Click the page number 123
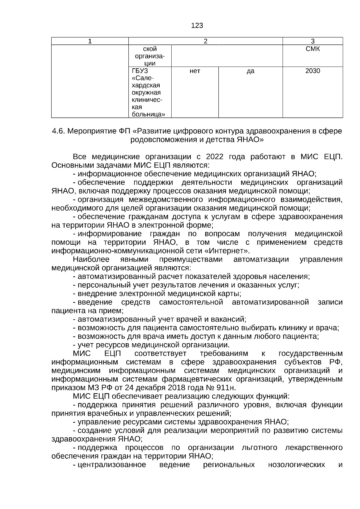(x=197, y=26)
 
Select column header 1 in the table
(x=90, y=41)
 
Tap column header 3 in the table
(x=312, y=41)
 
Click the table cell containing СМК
(x=312, y=49)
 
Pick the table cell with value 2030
(x=312, y=71)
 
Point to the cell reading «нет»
(x=195, y=71)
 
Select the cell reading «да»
(x=250, y=71)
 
